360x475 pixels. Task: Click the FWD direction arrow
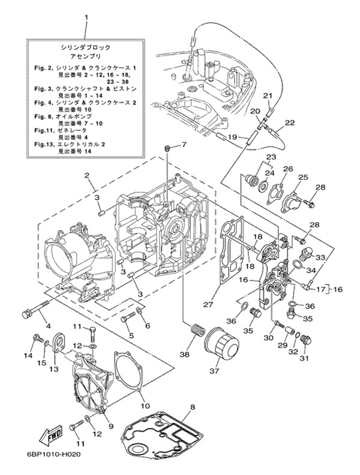50,434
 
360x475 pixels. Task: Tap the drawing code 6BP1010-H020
54,455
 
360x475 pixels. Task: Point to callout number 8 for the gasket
192,408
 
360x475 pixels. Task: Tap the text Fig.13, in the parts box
44,145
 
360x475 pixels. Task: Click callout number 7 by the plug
184,145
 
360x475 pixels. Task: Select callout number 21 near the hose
268,95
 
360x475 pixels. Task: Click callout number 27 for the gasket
208,305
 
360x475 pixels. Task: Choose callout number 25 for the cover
303,177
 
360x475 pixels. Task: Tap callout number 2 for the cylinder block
87,176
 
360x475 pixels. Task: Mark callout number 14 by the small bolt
28,356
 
